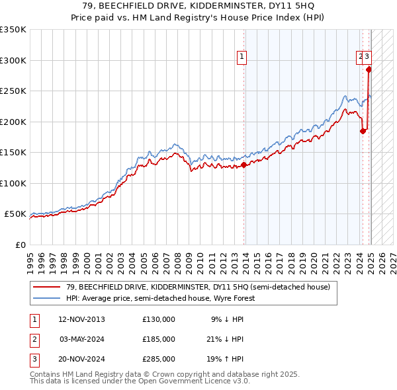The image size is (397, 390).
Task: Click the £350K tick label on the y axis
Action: pos(13,30)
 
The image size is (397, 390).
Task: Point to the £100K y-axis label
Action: pos(13,183)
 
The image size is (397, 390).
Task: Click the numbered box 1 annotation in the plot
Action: pos(243,58)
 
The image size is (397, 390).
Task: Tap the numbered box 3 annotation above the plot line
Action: pos(367,58)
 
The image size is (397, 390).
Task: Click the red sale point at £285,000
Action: pos(369,69)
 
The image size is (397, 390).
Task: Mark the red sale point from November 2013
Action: pos(243,165)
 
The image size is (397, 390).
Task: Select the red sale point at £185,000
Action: pos(363,131)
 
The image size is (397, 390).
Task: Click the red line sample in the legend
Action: pos(47,287)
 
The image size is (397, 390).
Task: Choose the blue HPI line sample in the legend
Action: pos(47,298)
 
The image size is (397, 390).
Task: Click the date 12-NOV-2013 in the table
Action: pos(82,319)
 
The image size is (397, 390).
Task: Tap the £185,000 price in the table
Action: pos(159,339)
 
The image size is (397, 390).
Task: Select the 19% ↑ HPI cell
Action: pos(228,359)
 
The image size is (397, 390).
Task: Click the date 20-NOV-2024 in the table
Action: pos(82,359)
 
